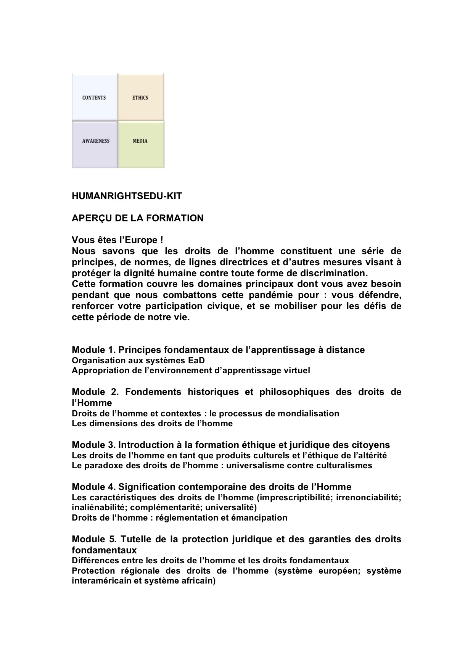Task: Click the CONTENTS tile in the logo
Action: coord(94,98)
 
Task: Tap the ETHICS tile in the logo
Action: coord(140,98)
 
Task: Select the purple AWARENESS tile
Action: coord(95,141)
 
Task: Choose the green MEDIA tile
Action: coord(140,141)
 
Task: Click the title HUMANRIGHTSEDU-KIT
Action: coord(127,196)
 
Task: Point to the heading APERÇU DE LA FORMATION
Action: coord(137,218)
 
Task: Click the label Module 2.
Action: coord(93,392)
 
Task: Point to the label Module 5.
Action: coord(93,539)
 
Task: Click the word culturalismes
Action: coord(346,466)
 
